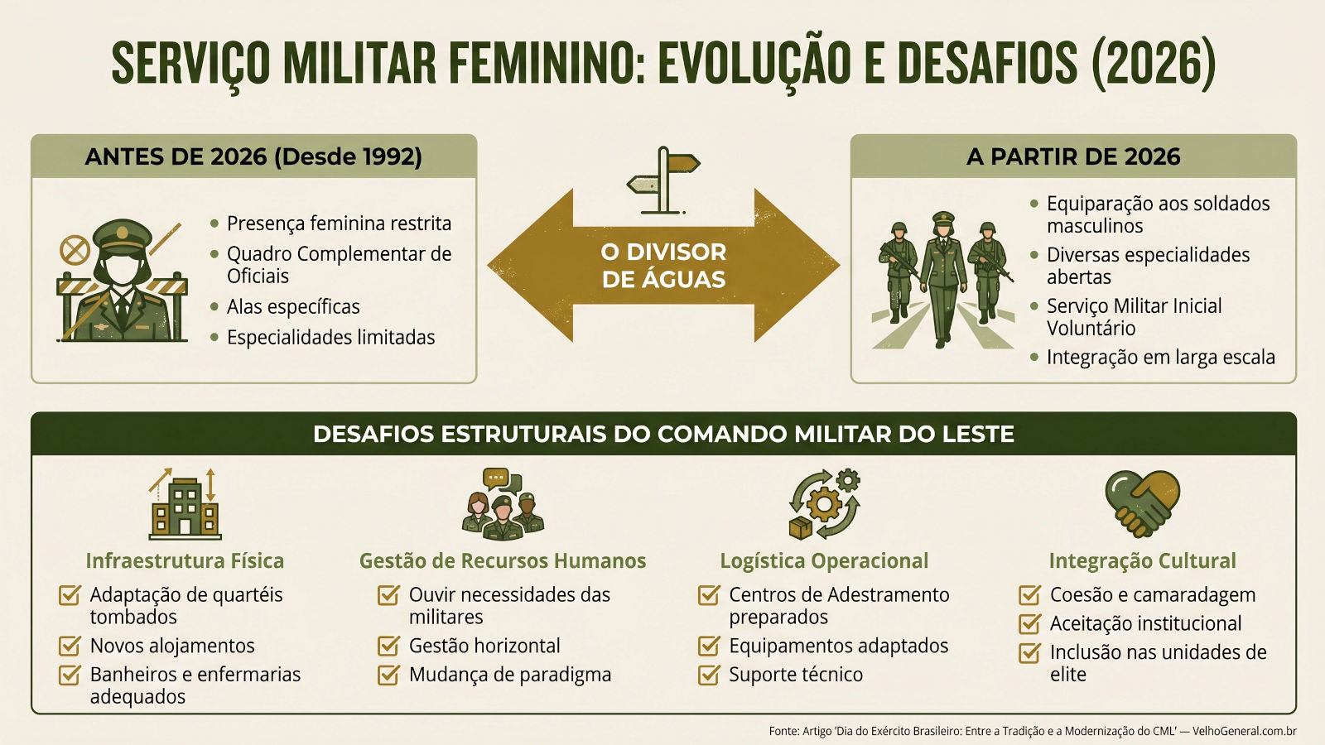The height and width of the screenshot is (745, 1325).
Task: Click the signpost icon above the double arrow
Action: point(663,180)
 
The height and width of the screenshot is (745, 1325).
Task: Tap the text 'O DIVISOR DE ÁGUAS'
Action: point(663,266)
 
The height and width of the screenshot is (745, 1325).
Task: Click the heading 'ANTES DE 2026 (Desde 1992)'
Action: point(253,156)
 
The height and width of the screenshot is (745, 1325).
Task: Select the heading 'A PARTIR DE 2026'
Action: point(1073,156)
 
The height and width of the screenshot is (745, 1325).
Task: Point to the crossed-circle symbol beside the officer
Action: point(75,250)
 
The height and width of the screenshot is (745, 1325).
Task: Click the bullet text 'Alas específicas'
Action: point(293,307)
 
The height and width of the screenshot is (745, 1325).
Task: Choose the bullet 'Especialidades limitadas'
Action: point(330,338)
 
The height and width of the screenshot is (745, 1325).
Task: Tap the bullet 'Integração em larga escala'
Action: point(1160,357)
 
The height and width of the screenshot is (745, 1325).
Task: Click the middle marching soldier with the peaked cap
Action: point(943,279)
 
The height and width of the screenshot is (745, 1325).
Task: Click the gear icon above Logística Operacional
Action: point(824,504)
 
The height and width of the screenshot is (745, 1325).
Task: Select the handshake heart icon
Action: point(1142,503)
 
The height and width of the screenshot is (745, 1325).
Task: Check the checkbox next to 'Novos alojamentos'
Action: point(70,646)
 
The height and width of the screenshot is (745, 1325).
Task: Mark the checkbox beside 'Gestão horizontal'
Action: point(388,646)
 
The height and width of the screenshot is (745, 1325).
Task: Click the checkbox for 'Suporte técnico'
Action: point(709,675)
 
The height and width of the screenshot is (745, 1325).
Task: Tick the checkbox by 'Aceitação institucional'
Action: point(1030,623)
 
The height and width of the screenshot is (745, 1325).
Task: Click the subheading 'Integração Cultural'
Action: point(1142,560)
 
